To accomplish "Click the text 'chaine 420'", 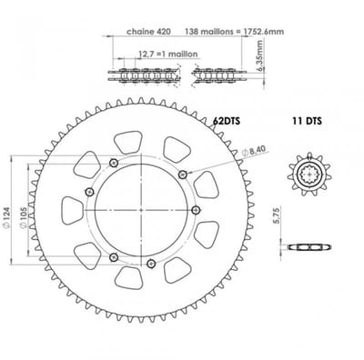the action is point(148,32).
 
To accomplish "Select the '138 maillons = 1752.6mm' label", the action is point(235,32).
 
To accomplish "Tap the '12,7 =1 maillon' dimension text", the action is point(168,55).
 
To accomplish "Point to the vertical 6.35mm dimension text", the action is point(260,55).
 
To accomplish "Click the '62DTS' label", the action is point(227,121).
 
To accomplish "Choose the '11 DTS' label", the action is point(307,121).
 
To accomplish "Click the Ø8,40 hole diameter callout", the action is point(254,151).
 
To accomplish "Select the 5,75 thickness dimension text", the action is point(277,215).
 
